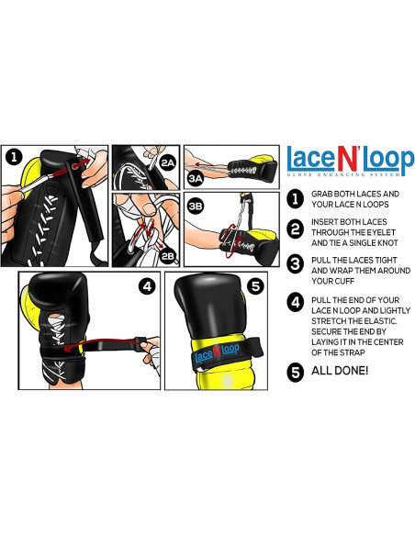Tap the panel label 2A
pos(167,163)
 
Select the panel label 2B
pos(168,256)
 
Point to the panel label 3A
pos(196,178)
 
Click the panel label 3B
pos(196,207)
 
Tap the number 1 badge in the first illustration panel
pos(15,157)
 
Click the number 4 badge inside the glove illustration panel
pos(147,286)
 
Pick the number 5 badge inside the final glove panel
pos(255,286)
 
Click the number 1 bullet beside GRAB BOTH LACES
pos(295,199)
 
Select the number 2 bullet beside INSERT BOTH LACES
pos(295,229)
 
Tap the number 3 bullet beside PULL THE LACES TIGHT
pos(295,264)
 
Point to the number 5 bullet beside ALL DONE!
pos(295,372)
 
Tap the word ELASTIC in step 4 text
pos(380,321)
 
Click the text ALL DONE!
pos(340,371)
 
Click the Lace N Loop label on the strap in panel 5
pos(217,352)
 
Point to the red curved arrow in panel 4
pos(102,343)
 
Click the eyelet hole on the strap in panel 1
pos(74,166)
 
